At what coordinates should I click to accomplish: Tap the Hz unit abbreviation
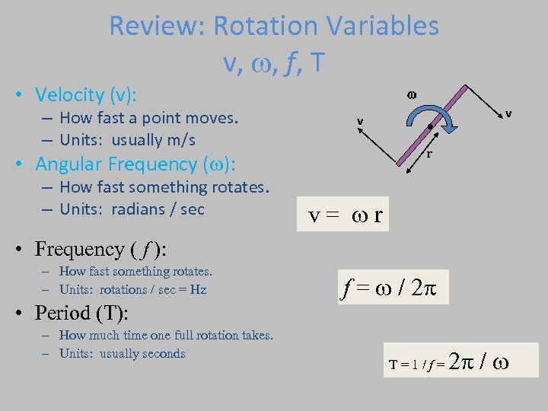[x=198, y=290]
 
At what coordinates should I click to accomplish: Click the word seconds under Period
[x=162, y=354]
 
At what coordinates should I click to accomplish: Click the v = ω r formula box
[x=346, y=218]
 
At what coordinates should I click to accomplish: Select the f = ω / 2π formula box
[x=395, y=288]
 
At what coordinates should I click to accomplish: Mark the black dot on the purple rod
[x=431, y=126]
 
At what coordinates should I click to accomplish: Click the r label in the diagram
[x=429, y=155]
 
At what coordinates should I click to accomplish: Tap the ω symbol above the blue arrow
[x=412, y=94]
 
